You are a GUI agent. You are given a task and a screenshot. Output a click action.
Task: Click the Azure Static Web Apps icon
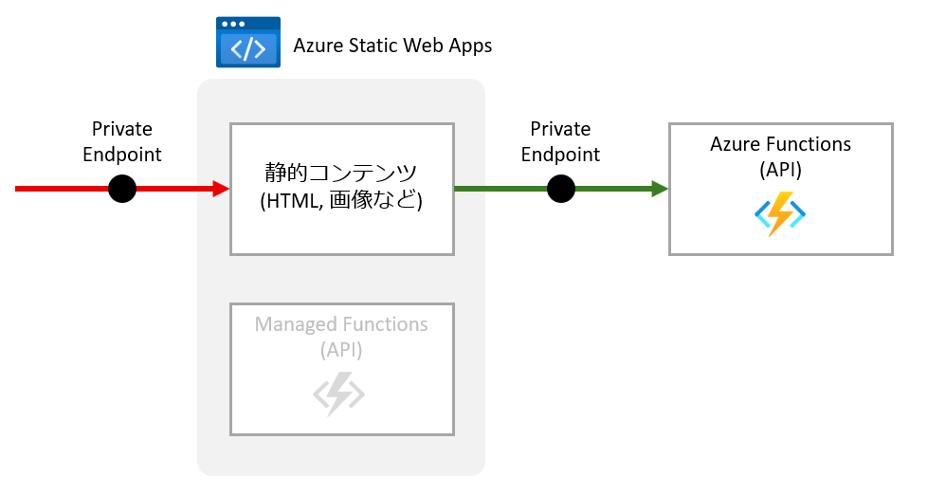coord(248,43)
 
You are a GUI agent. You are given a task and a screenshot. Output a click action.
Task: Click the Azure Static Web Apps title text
coord(392,46)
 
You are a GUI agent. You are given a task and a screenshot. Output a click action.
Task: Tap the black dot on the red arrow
coord(122,189)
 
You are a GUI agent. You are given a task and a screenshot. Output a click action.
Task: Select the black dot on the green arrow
coord(561,189)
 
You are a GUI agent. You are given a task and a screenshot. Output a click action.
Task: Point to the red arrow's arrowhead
coord(222,189)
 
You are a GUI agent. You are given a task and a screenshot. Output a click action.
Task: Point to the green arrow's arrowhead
coord(661,189)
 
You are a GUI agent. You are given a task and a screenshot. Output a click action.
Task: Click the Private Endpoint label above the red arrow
coord(121,141)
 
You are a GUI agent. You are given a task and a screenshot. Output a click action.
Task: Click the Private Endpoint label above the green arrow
coord(560,141)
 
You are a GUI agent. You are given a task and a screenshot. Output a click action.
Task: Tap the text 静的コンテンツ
coord(340,174)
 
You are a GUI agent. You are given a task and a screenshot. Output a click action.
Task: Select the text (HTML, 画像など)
coord(340,201)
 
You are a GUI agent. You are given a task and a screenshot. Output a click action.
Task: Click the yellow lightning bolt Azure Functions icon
coord(780,214)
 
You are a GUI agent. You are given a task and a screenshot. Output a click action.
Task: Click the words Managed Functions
coord(341,325)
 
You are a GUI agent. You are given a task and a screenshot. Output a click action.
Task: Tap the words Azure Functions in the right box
coord(780,144)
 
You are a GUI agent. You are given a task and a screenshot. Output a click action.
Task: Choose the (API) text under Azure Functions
coord(780,170)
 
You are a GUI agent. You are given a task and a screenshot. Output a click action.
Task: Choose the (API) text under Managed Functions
coord(341,350)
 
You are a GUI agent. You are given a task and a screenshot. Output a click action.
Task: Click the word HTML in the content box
coord(295,201)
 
